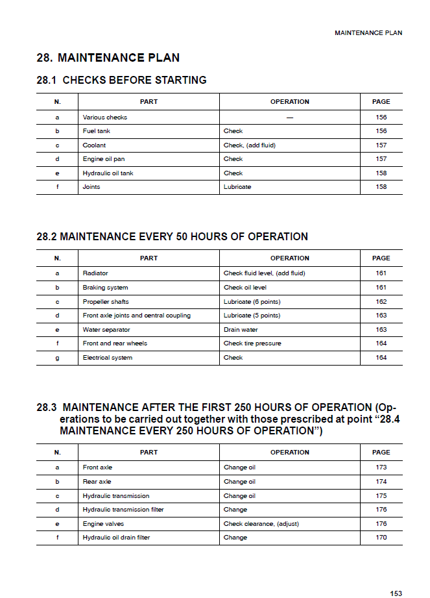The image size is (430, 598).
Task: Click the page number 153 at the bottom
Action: coord(396,593)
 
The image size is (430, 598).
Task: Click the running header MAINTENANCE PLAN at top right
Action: coord(368,32)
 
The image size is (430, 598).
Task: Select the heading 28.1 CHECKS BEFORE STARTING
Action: coord(121,81)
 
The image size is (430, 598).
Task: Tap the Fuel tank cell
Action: coord(97,131)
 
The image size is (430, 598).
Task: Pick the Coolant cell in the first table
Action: coord(94,145)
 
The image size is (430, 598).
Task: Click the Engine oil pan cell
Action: coord(104,159)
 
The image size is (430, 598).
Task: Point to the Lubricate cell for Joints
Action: coord(237,187)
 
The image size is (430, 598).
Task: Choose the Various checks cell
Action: coord(105,118)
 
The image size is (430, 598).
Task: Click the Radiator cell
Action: coord(95,273)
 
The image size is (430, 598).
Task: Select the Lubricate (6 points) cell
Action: coord(252,301)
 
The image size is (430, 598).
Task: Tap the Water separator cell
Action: coord(106,330)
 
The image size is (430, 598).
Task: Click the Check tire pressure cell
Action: coord(252,343)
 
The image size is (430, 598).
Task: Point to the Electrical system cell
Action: coord(107,358)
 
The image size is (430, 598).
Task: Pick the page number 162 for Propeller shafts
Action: coord(381,301)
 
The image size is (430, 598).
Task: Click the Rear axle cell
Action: coord(97,482)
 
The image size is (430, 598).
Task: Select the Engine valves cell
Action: coord(103,523)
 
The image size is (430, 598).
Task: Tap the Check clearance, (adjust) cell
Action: coord(261,523)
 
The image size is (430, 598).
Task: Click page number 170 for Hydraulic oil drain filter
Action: coord(381,538)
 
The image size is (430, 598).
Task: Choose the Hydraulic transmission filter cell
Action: coord(123,510)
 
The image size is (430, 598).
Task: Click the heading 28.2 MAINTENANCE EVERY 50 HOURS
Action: coord(172,236)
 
